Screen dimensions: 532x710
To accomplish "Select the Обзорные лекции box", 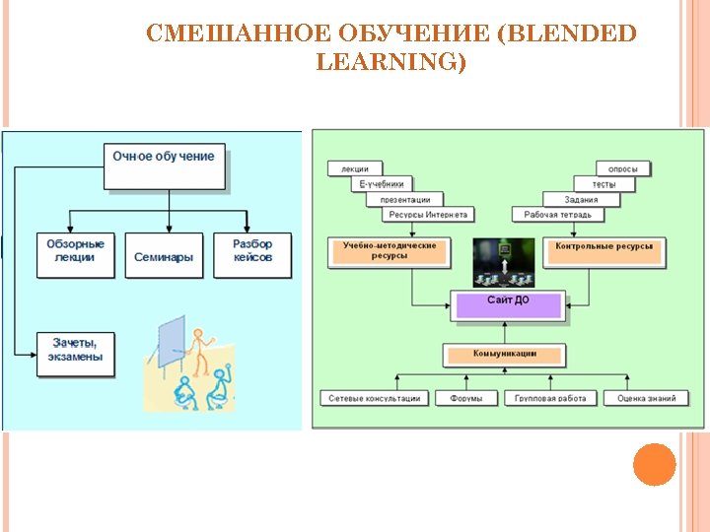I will click(75, 252).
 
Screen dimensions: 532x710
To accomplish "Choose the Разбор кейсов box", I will click(252, 252).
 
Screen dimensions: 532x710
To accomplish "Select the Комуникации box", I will click(504, 355).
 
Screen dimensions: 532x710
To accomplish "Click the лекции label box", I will click(354, 169).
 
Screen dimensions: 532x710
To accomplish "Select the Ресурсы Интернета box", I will click(428, 215).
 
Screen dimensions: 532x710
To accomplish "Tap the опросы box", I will click(623, 169).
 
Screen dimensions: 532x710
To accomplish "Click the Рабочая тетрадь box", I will click(557, 215).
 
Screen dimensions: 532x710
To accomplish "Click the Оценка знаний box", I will click(646, 399).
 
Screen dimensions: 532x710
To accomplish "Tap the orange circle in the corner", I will click(654, 465).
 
